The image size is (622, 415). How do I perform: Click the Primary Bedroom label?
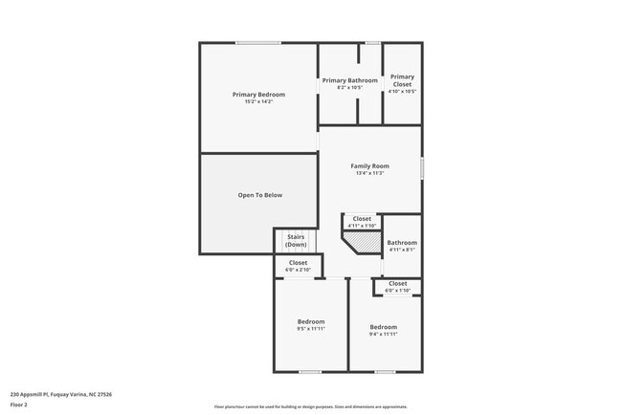click(x=258, y=94)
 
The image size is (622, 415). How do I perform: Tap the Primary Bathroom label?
click(x=349, y=80)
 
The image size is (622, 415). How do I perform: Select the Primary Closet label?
click(x=402, y=80)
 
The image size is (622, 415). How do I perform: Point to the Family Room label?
click(x=369, y=166)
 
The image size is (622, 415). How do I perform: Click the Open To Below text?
click(x=260, y=195)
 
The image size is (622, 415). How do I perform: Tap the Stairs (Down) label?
click(x=296, y=241)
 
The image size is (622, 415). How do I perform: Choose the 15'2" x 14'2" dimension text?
click(x=258, y=101)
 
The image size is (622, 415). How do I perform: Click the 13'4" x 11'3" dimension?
click(x=369, y=173)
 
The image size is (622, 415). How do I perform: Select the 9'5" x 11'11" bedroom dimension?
click(x=311, y=328)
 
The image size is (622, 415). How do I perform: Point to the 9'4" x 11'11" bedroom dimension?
click(x=383, y=334)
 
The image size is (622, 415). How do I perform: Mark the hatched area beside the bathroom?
click(x=362, y=244)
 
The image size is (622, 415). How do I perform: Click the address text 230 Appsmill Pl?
click(x=61, y=393)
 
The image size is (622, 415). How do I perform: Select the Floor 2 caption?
click(x=19, y=404)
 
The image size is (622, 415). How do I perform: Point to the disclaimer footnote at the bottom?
click(x=311, y=406)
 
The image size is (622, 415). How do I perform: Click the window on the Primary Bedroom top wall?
click(x=258, y=42)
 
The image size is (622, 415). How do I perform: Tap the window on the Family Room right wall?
click(x=422, y=166)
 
